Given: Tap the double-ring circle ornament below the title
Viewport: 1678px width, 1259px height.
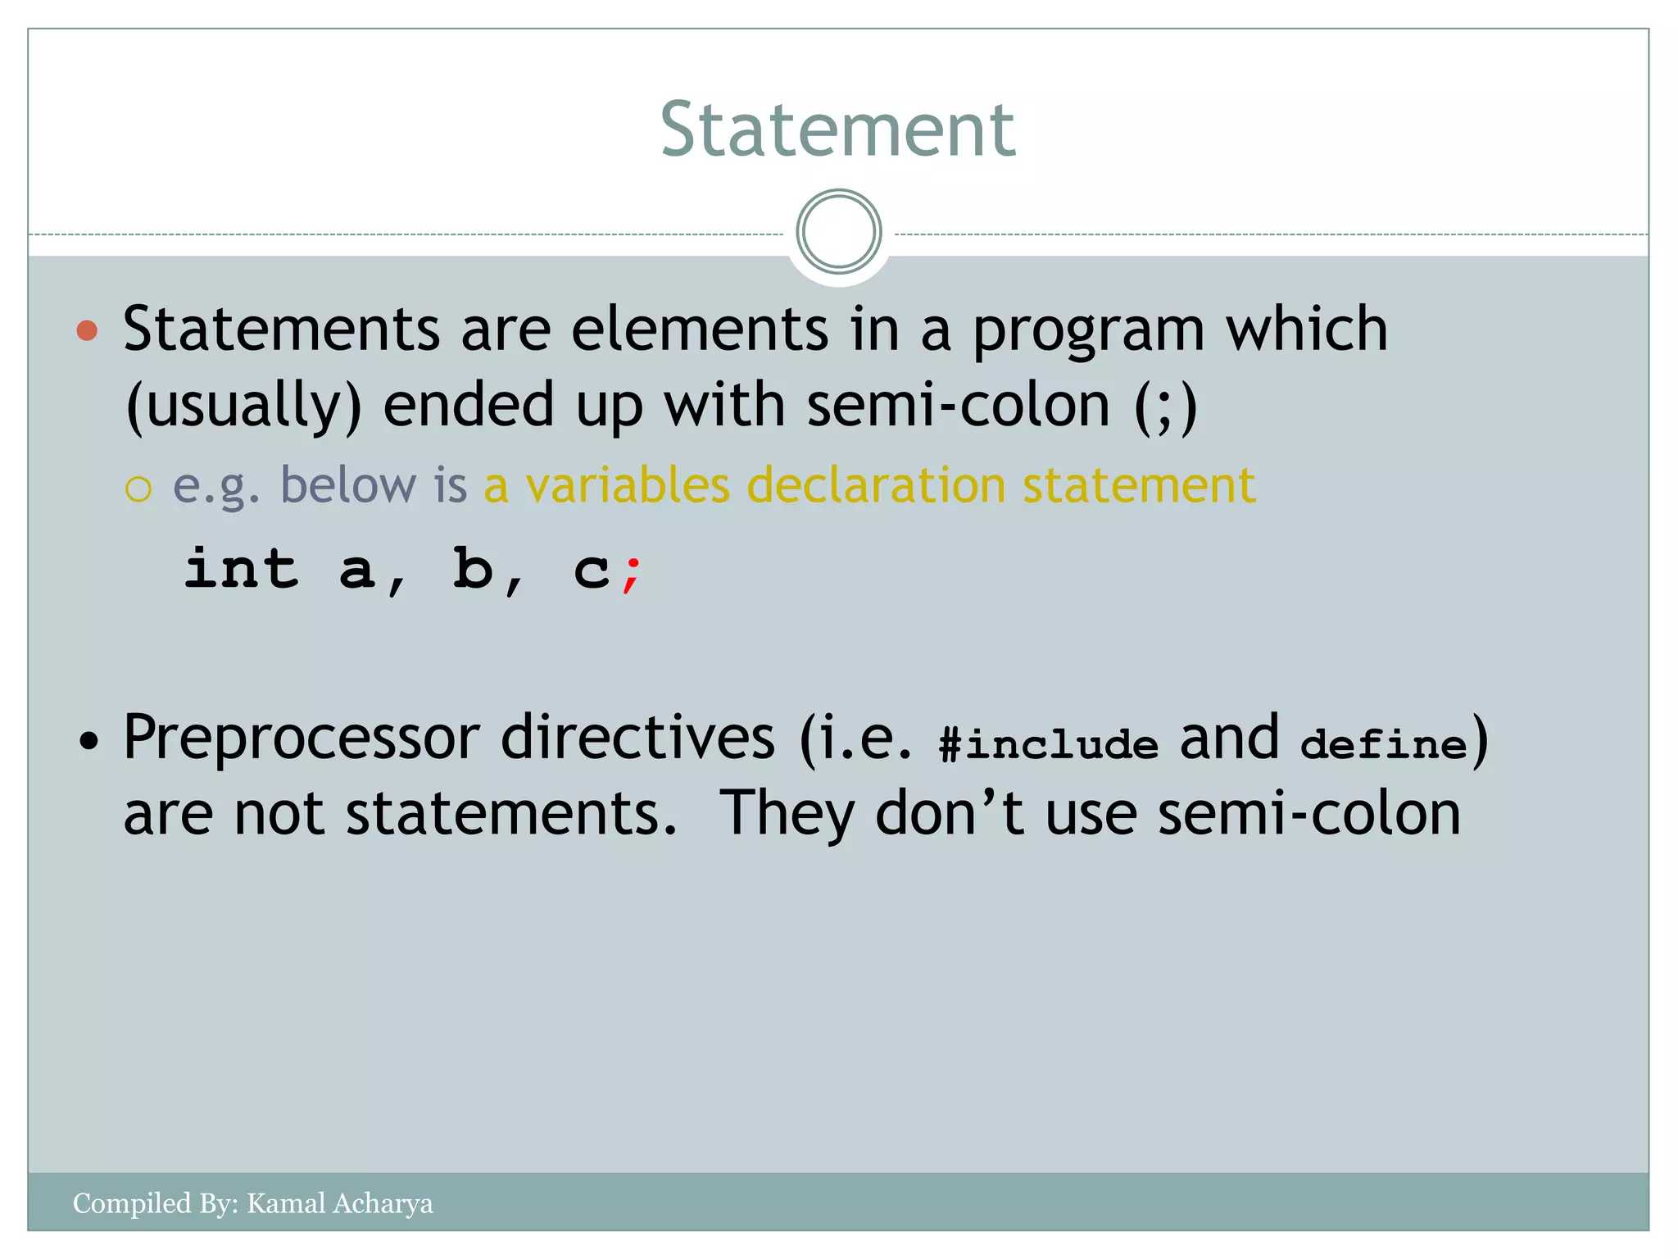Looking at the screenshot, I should (x=838, y=232).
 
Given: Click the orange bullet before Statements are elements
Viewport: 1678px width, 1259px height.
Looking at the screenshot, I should (x=87, y=330).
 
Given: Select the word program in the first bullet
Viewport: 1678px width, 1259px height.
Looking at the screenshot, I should (x=1088, y=330).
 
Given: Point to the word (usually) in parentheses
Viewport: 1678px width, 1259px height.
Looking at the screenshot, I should (x=243, y=406).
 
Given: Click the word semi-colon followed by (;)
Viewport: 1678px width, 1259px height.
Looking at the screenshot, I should (x=958, y=406).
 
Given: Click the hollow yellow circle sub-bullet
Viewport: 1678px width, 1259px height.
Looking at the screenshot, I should (x=138, y=489).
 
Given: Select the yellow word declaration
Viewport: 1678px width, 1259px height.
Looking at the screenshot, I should (x=875, y=484).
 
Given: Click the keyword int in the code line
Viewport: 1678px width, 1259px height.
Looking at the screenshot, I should (x=241, y=568).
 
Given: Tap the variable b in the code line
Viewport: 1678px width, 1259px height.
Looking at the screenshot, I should (x=474, y=568).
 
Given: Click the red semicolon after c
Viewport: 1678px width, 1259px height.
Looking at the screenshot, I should (x=631, y=574).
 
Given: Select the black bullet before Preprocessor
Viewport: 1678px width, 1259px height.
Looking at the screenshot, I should (x=88, y=742).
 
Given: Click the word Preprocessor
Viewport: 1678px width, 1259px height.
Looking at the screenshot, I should (x=301, y=738).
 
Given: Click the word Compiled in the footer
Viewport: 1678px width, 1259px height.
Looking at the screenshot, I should (x=132, y=1203).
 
